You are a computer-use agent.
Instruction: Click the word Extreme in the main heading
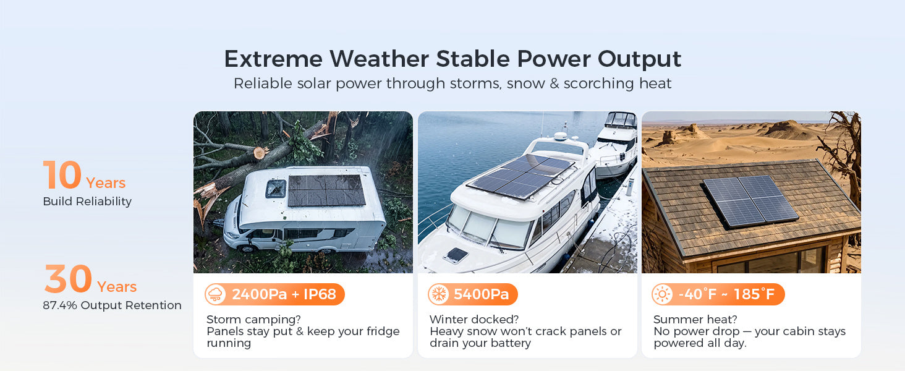(x=273, y=59)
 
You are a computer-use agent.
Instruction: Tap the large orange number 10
(x=62, y=174)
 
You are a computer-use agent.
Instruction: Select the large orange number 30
(x=68, y=278)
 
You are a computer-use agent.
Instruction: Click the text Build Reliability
(x=87, y=201)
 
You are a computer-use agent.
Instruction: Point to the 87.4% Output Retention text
(x=112, y=305)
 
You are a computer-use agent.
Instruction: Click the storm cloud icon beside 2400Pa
(x=215, y=294)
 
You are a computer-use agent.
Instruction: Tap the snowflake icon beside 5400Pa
(x=439, y=294)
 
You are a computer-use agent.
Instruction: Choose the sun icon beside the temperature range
(x=662, y=294)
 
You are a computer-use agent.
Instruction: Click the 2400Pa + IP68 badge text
(x=284, y=294)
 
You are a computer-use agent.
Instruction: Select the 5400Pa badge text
(x=481, y=294)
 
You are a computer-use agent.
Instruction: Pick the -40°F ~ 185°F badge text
(x=726, y=294)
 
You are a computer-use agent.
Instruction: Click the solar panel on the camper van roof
(x=326, y=190)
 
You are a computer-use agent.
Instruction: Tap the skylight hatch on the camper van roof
(x=276, y=189)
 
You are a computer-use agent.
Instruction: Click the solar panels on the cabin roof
(x=750, y=201)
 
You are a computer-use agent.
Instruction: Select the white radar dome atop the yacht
(x=561, y=136)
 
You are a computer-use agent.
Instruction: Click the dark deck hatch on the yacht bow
(x=456, y=255)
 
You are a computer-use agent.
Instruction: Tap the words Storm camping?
(x=253, y=320)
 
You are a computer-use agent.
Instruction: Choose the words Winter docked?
(x=474, y=320)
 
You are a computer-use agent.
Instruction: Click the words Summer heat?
(x=695, y=320)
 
